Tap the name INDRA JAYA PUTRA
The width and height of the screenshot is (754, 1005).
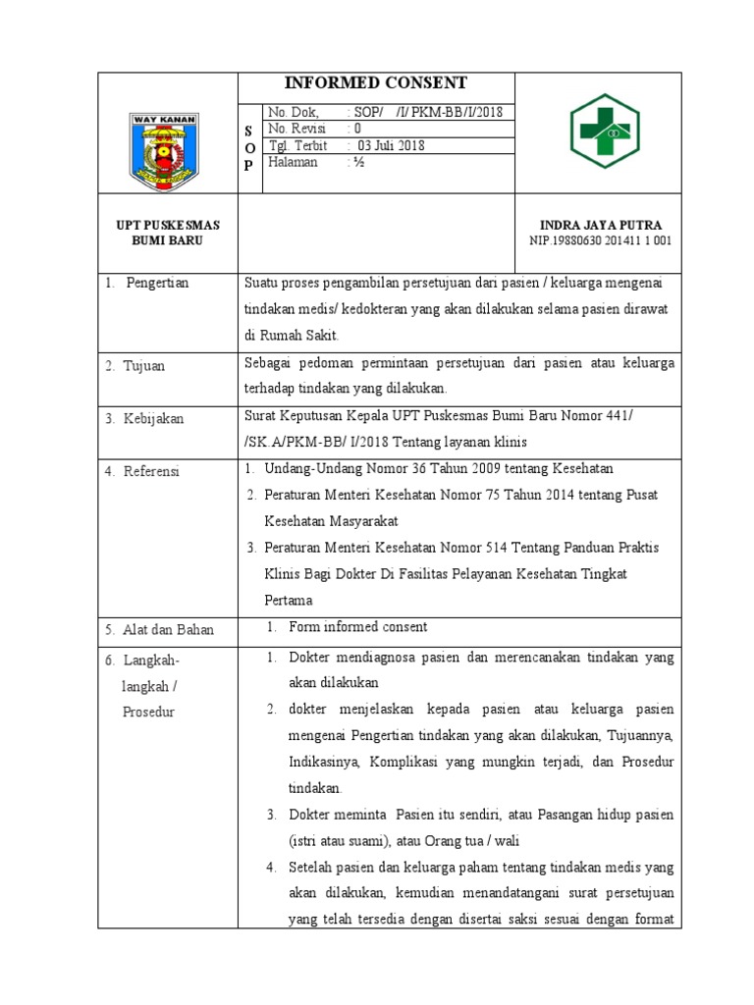pos(601,225)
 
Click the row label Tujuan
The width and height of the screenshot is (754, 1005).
pos(144,366)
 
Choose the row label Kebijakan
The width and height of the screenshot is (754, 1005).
pos(153,419)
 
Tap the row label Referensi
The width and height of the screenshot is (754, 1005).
pos(151,472)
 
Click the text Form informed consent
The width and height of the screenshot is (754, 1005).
pos(358,627)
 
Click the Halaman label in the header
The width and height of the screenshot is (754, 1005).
pos(293,163)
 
